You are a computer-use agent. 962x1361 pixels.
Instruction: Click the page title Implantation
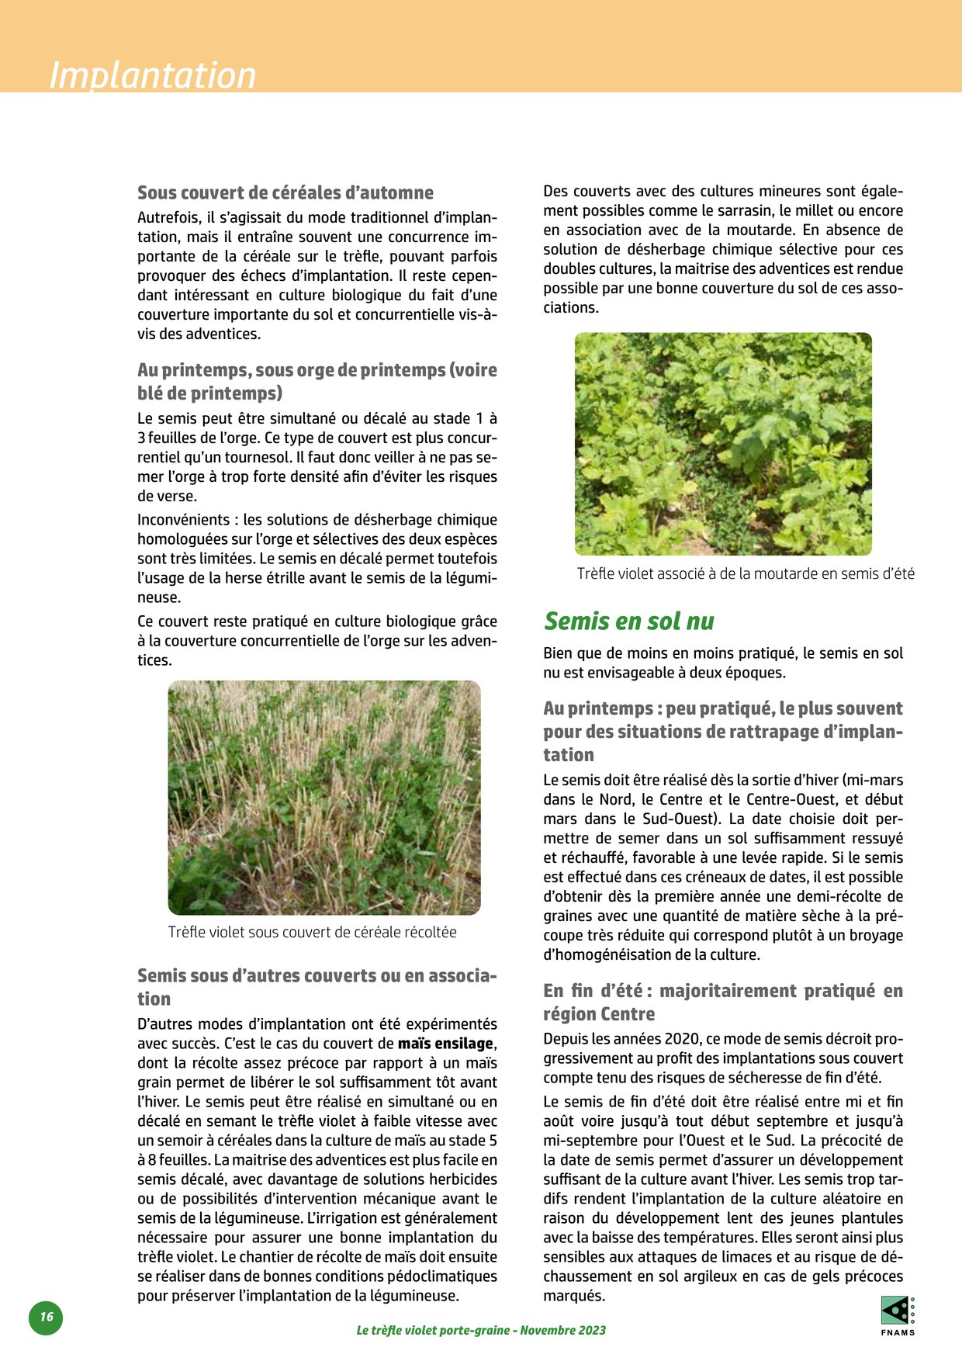(153, 75)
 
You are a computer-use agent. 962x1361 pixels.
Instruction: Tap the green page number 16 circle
(46, 1317)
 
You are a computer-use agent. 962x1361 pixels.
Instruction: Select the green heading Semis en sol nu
(628, 621)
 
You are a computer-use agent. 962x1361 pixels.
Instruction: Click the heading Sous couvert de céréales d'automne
(285, 192)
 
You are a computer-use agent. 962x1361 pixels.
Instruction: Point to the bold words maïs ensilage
(445, 1044)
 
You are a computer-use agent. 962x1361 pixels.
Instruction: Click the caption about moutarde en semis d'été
(746, 573)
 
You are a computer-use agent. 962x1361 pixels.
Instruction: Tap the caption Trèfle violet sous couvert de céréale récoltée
(312, 932)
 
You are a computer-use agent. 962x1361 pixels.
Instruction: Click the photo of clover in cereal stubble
(324, 798)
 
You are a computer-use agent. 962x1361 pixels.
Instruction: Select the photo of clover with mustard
(723, 444)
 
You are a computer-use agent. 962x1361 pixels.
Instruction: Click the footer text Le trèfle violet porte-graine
(481, 1330)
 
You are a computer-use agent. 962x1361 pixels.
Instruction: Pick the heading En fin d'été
(723, 1002)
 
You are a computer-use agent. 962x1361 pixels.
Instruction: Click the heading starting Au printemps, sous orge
(317, 381)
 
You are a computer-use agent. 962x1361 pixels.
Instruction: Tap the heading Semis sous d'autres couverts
(317, 987)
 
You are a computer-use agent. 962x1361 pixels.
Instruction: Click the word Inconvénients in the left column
(183, 520)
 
